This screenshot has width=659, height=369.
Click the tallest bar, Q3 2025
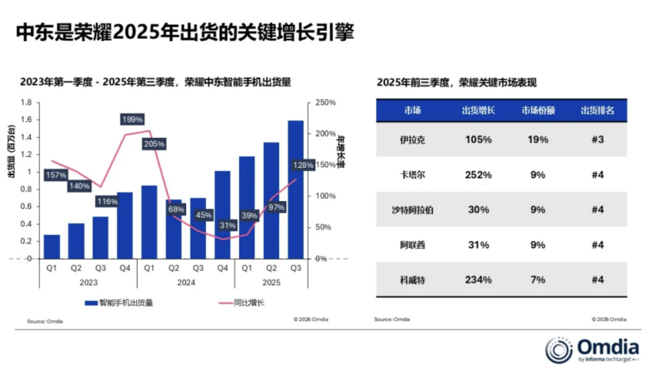[295, 190]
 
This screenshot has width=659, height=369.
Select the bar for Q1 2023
[51, 246]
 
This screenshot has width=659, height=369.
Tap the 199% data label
[132, 120]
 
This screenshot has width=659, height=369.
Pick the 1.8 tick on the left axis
[25, 103]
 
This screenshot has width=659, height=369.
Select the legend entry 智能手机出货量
[124, 302]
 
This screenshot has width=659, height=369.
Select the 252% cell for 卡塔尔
[478, 174]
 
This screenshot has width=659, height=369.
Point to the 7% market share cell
[538, 280]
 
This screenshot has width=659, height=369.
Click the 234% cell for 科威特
[478, 280]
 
